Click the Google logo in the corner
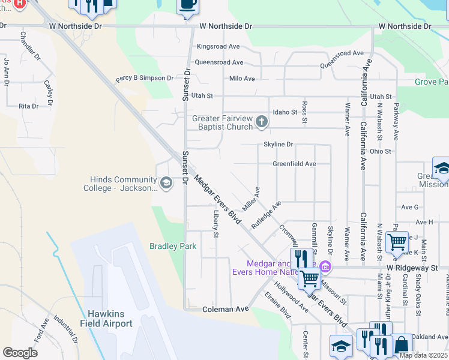[20, 353]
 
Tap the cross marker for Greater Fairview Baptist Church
[261, 122]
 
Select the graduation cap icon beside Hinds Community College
[166, 182]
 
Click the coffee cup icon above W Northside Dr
[187, 5]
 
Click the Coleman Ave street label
[225, 309]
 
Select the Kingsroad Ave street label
[218, 46]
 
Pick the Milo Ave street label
[242, 79]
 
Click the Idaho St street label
[285, 112]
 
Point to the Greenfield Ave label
[294, 164]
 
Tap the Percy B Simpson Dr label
[144, 79]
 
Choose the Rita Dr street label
[28, 106]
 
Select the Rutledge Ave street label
[266, 215]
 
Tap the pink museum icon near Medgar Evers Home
[325, 266]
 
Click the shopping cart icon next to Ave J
[397, 242]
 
